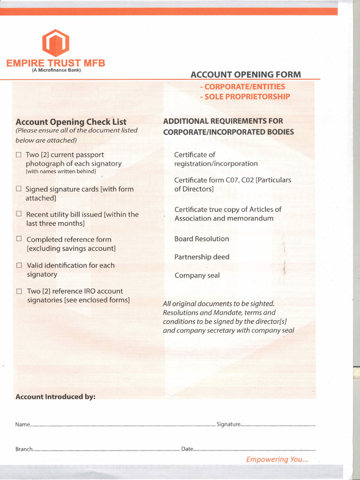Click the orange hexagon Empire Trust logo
(x=56, y=43)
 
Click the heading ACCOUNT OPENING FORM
(x=246, y=75)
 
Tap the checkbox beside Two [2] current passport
(x=19, y=155)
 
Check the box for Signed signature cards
(x=19, y=189)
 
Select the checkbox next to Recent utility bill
(x=19, y=214)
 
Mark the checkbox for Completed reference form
(x=19, y=239)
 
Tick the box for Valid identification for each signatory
(x=19, y=265)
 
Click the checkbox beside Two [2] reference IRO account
(x=19, y=291)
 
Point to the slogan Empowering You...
(x=277, y=459)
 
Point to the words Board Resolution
(x=202, y=239)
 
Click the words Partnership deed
(x=202, y=257)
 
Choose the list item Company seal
(x=197, y=276)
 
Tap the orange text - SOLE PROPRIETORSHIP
(x=245, y=97)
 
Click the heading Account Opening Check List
(x=71, y=122)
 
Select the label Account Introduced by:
(x=55, y=397)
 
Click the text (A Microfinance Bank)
(x=56, y=70)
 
